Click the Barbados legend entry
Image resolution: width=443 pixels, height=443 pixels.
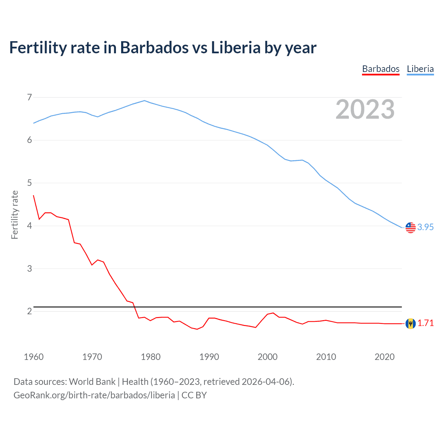pyautogui.click(x=381, y=69)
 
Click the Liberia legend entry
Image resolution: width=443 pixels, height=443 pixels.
pyautogui.click(x=420, y=69)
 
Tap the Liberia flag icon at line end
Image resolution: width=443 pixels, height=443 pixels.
pyautogui.click(x=410, y=227)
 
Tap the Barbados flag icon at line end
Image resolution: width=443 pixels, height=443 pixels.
pyautogui.click(x=410, y=323)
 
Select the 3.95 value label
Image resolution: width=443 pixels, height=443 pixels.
pyautogui.click(x=425, y=227)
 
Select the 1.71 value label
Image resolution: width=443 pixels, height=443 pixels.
pyautogui.click(x=425, y=323)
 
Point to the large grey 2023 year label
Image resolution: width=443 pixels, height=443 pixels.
pyautogui.click(x=365, y=109)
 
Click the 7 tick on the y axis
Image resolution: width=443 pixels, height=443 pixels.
pyautogui.click(x=29, y=97)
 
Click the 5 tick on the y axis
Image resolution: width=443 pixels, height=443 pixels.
pyautogui.click(x=29, y=183)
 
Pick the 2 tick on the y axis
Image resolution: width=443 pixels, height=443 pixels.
pyautogui.click(x=29, y=311)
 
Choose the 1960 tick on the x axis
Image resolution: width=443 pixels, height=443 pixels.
pyautogui.click(x=34, y=357)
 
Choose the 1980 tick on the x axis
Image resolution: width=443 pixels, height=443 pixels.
pyautogui.click(x=151, y=357)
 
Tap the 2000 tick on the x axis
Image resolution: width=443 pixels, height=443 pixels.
pyautogui.click(x=268, y=357)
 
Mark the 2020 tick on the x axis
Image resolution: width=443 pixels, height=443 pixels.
pyautogui.click(x=385, y=357)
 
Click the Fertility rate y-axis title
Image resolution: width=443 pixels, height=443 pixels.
pyautogui.click(x=15, y=215)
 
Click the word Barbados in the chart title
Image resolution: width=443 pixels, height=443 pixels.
pyautogui.click(x=154, y=47)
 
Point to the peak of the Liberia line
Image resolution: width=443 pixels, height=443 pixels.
pyautogui.click(x=145, y=101)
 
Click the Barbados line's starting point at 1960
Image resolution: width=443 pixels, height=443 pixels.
pyautogui.click(x=34, y=196)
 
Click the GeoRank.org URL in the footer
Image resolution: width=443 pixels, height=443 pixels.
pyautogui.click(x=94, y=395)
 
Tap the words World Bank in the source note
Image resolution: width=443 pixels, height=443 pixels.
pyautogui.click(x=92, y=382)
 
